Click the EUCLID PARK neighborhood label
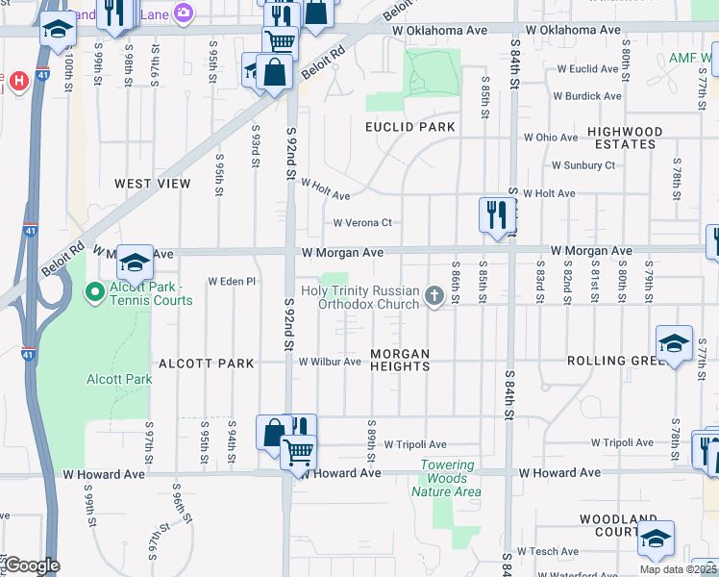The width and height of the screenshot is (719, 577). point(409,127)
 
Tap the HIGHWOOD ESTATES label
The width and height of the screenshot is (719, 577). point(625,138)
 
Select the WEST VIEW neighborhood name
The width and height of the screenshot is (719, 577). point(153,183)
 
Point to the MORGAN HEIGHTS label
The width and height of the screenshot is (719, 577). point(400,360)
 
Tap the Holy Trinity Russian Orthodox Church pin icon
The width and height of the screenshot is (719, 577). point(434,296)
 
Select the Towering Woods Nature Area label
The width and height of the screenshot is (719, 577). point(446,478)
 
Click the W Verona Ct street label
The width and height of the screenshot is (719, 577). point(362,223)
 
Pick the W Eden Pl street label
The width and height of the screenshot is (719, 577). point(233,282)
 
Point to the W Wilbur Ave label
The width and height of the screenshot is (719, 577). point(330,363)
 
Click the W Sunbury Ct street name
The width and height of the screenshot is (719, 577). point(583,165)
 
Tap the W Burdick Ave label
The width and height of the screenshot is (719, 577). point(586,96)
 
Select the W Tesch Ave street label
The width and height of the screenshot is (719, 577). point(547,551)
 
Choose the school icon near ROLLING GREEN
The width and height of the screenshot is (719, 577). point(674,343)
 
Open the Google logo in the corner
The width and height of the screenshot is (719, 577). point(32,565)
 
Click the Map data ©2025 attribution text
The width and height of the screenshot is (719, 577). point(678,569)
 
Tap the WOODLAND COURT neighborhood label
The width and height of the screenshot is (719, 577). point(618,525)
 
